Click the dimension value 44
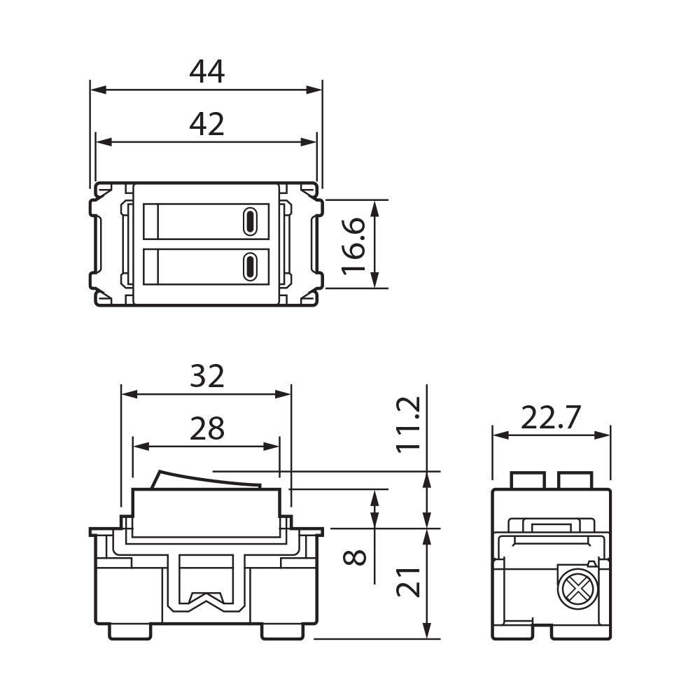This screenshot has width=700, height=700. click(206, 71)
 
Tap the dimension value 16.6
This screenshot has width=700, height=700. click(354, 246)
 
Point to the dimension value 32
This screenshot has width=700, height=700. click(206, 376)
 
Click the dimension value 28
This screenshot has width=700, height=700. click(206, 428)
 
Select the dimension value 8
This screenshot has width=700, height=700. click(354, 558)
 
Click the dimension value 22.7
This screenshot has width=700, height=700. click(551, 418)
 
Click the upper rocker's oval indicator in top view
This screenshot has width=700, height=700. click(250, 222)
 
